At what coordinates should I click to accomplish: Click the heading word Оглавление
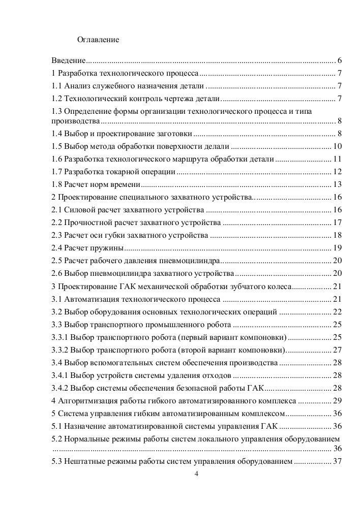[x=98, y=39]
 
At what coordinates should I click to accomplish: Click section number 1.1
[x=57, y=85]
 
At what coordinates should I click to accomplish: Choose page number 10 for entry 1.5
[x=337, y=147]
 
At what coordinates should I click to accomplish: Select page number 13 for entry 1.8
[x=337, y=184]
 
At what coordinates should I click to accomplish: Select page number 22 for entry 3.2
[x=337, y=311]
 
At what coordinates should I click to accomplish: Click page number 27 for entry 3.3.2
[x=337, y=350]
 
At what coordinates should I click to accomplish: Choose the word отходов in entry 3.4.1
[x=216, y=375]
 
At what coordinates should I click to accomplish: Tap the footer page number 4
[x=196, y=474]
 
